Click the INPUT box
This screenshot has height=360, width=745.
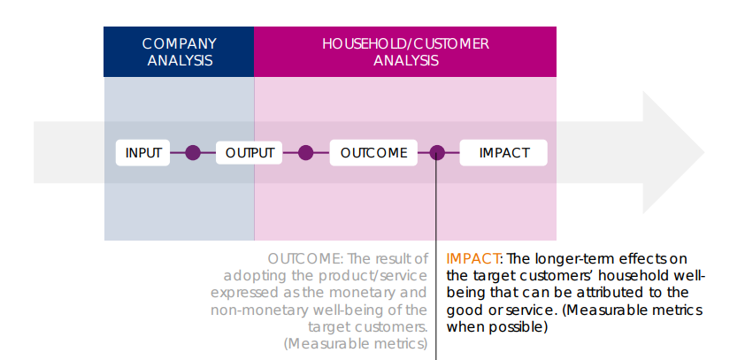143,152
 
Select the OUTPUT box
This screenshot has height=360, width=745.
250,152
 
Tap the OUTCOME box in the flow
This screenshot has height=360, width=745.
373,152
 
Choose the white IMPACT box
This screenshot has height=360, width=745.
503,152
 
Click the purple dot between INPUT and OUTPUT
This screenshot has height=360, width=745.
193,152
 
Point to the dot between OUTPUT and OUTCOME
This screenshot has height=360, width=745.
306,152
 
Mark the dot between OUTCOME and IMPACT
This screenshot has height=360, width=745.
437,152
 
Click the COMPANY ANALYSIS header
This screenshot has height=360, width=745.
179,52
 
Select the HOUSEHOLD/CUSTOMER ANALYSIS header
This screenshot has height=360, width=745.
405,52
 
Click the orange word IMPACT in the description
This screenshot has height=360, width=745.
473,258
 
